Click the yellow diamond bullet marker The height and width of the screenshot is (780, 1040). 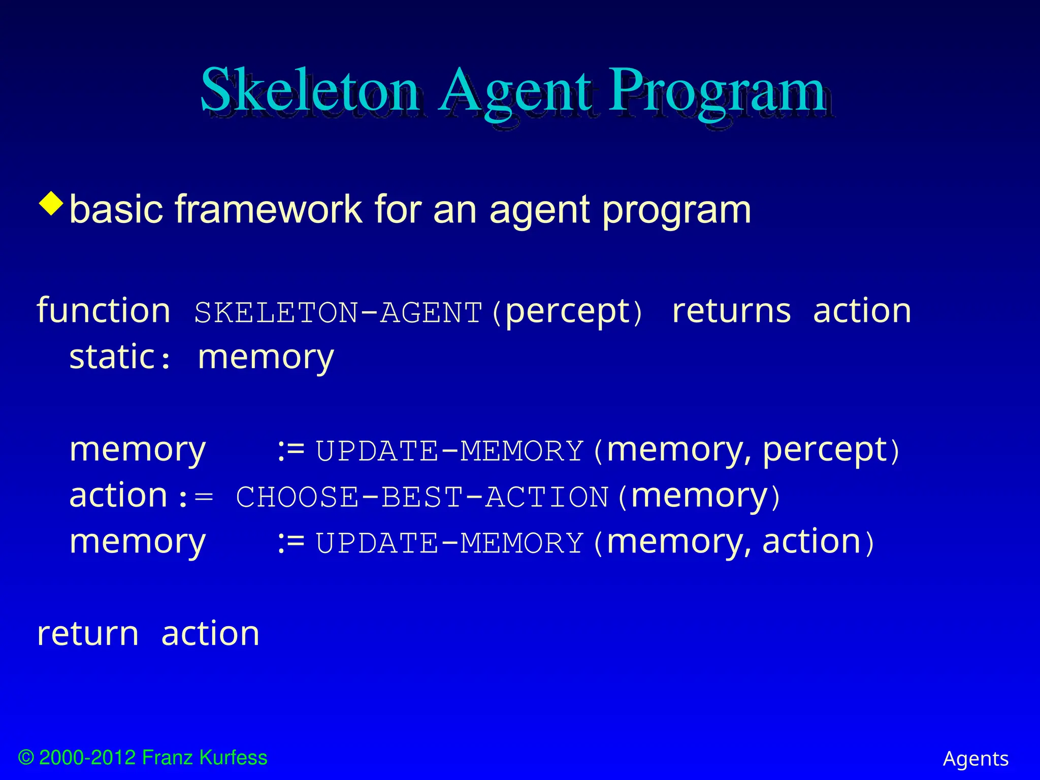click(51, 204)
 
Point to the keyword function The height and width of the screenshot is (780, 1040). click(104, 311)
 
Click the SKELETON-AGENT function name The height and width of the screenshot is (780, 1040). click(338, 312)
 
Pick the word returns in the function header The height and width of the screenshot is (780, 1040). click(731, 311)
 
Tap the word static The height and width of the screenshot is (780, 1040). click(112, 357)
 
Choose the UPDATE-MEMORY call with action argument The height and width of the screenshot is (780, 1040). click(449, 543)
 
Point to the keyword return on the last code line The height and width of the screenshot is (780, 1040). click(88, 634)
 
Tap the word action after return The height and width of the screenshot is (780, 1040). click(210, 634)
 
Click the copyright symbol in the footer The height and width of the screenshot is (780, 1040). click(26, 758)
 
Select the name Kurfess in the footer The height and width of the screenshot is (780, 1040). click(233, 758)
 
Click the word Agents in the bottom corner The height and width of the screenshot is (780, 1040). click(976, 759)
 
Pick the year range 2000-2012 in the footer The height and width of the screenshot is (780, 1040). click(87, 758)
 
